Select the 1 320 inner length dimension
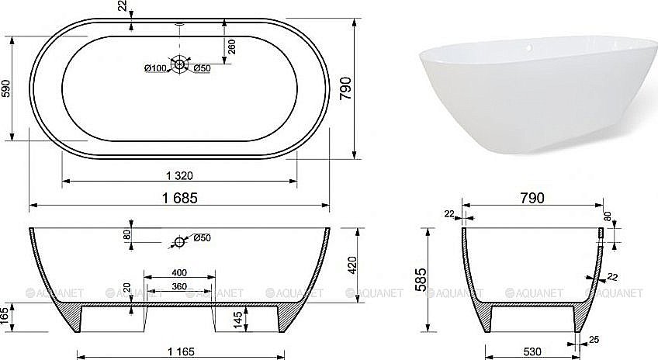(179, 173)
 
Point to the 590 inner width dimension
(7, 88)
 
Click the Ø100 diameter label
(155, 69)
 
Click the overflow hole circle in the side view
(179, 243)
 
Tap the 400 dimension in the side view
(180, 273)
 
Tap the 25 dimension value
(594, 338)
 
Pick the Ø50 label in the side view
(202, 237)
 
